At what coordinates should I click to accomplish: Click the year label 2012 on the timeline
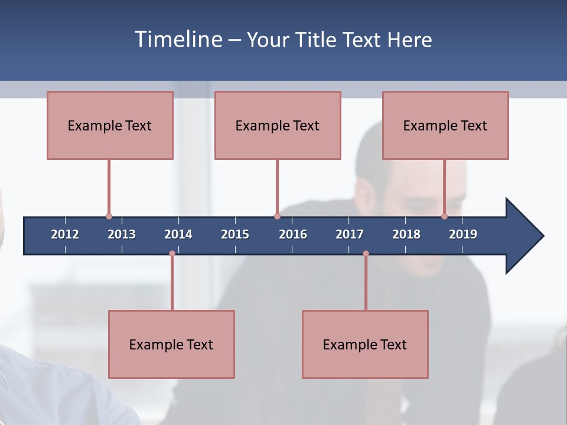(65, 234)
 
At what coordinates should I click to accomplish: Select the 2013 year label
(122, 234)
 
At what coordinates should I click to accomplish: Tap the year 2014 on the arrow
(178, 234)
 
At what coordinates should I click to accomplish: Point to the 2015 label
(235, 234)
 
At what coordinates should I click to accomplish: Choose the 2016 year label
(293, 234)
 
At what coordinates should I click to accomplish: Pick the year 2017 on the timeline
(350, 234)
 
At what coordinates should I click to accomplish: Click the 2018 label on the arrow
(406, 234)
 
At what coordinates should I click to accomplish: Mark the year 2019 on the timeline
(463, 234)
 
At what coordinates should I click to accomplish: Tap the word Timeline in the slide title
(178, 40)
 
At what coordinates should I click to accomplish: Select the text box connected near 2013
(110, 125)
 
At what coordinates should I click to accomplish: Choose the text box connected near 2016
(278, 125)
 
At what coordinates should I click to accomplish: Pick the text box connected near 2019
(445, 125)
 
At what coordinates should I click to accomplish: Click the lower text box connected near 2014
(171, 344)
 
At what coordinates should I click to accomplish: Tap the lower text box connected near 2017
(365, 344)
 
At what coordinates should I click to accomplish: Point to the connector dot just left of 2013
(109, 217)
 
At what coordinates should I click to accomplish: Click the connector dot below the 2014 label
(172, 254)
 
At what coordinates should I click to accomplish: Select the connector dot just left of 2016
(277, 217)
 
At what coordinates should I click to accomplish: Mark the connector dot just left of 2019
(444, 217)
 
